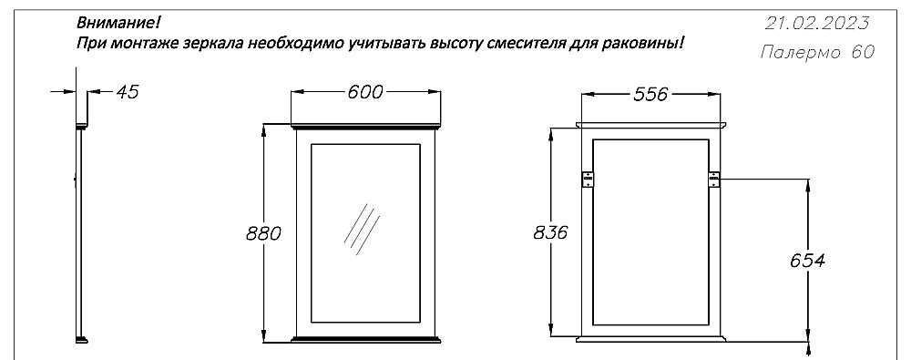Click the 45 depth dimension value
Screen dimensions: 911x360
128,92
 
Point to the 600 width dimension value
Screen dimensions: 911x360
364,92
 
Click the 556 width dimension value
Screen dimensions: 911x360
651,94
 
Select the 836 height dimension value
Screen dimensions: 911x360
550,232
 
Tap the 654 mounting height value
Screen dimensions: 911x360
806,261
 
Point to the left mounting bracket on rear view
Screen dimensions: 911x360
588,179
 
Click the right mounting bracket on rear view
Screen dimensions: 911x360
714,179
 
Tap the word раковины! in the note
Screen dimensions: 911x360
648,43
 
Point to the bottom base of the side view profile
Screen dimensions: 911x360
82,338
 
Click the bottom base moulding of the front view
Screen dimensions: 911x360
364,339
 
